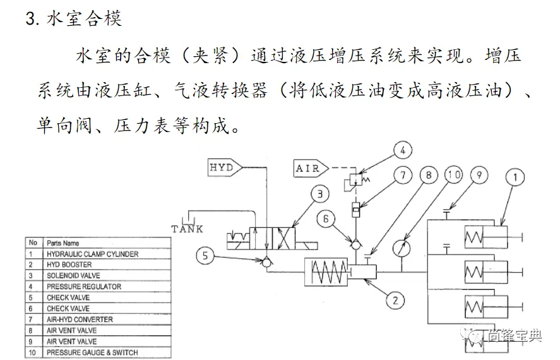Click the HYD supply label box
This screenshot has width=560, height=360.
(222, 168)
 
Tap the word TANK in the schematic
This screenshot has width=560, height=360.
(187, 229)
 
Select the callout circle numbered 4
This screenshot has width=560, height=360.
(402, 151)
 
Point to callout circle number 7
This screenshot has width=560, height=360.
(402, 175)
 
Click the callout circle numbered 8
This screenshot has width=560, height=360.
(429, 175)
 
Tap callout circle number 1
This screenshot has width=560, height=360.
(515, 177)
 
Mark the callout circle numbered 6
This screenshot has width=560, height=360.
(324, 219)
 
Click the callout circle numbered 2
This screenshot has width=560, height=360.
(395, 299)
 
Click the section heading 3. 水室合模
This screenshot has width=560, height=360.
(73, 18)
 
